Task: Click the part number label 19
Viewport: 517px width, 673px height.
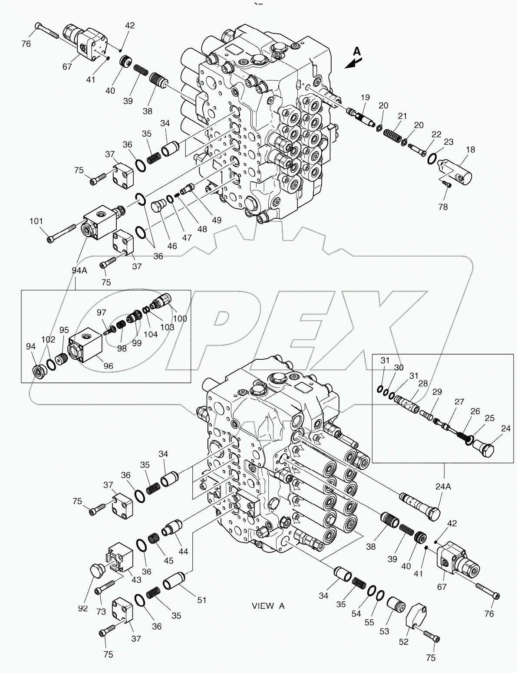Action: coord(364,98)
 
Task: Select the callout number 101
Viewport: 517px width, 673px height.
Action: coord(36,222)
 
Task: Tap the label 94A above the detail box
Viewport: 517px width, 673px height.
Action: coord(79,271)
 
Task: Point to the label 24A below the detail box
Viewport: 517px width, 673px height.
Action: coord(443,487)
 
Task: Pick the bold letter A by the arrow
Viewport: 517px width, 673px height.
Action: coord(356,51)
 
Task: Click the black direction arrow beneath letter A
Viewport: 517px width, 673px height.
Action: coord(351,63)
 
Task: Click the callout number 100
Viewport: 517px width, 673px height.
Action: coord(180,318)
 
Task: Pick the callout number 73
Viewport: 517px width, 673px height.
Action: coord(101,599)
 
